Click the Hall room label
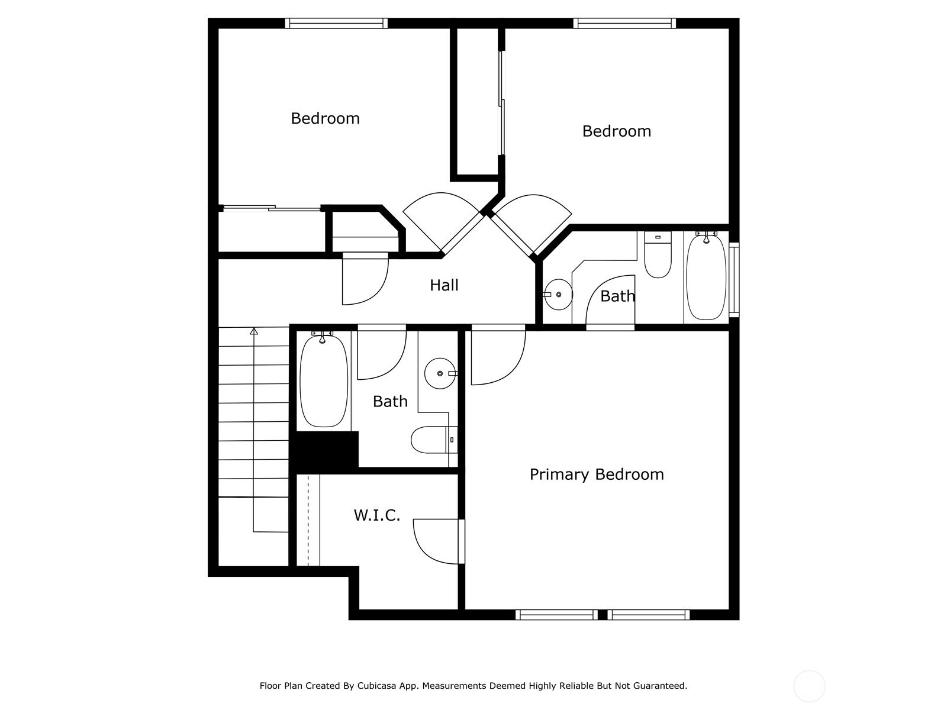443,285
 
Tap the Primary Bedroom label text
596,474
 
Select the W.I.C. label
376,515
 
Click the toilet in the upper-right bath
658,255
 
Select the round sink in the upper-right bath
558,295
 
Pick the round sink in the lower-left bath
440,373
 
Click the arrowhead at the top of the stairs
254,331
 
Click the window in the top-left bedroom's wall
336,23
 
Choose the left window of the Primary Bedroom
556,615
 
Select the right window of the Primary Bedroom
649,615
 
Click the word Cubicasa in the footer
376,686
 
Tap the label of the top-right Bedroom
617,131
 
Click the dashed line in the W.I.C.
308,520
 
